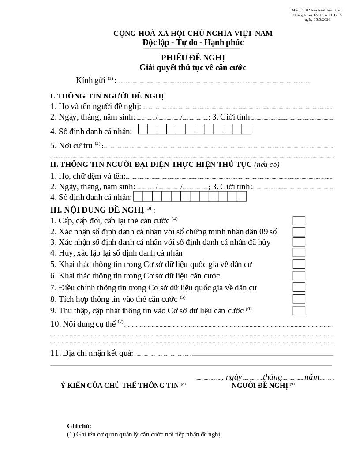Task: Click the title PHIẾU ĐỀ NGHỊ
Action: click(193, 58)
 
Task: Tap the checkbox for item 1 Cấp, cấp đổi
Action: click(299, 221)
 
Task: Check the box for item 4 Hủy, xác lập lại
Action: click(299, 253)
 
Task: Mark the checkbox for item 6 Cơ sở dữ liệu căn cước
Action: click(299, 276)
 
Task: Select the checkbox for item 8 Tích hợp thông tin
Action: click(299, 299)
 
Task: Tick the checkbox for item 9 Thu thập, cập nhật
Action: click(299, 310)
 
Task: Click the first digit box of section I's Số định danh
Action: click(143, 129)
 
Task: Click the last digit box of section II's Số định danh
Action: click(242, 196)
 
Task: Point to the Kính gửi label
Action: click(90, 80)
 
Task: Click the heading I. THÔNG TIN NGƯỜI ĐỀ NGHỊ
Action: click(107, 96)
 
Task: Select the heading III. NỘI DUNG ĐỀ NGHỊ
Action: click(97, 210)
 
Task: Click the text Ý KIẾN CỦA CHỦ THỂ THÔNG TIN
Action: click(120, 386)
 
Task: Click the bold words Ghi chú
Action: click(79, 426)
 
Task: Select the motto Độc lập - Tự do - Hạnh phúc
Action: click(193, 42)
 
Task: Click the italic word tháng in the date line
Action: click(272, 377)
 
